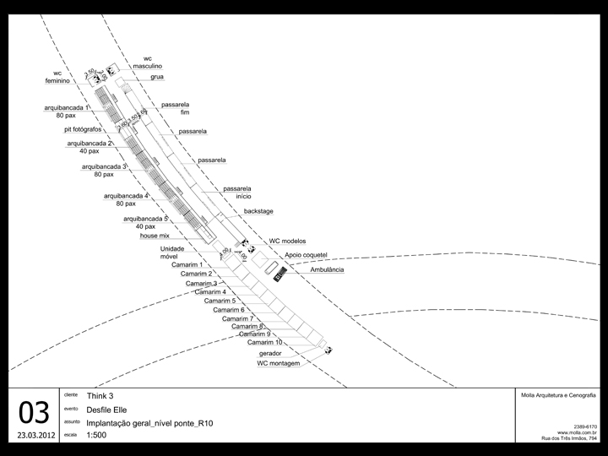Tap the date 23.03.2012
[35, 437]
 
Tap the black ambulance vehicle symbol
[277, 271]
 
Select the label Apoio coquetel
[306, 253]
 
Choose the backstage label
[258, 211]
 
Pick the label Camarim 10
[264, 342]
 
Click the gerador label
[270, 353]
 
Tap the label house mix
[155, 236]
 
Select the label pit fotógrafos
[83, 130]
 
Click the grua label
[157, 77]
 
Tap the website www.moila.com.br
[578, 432]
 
